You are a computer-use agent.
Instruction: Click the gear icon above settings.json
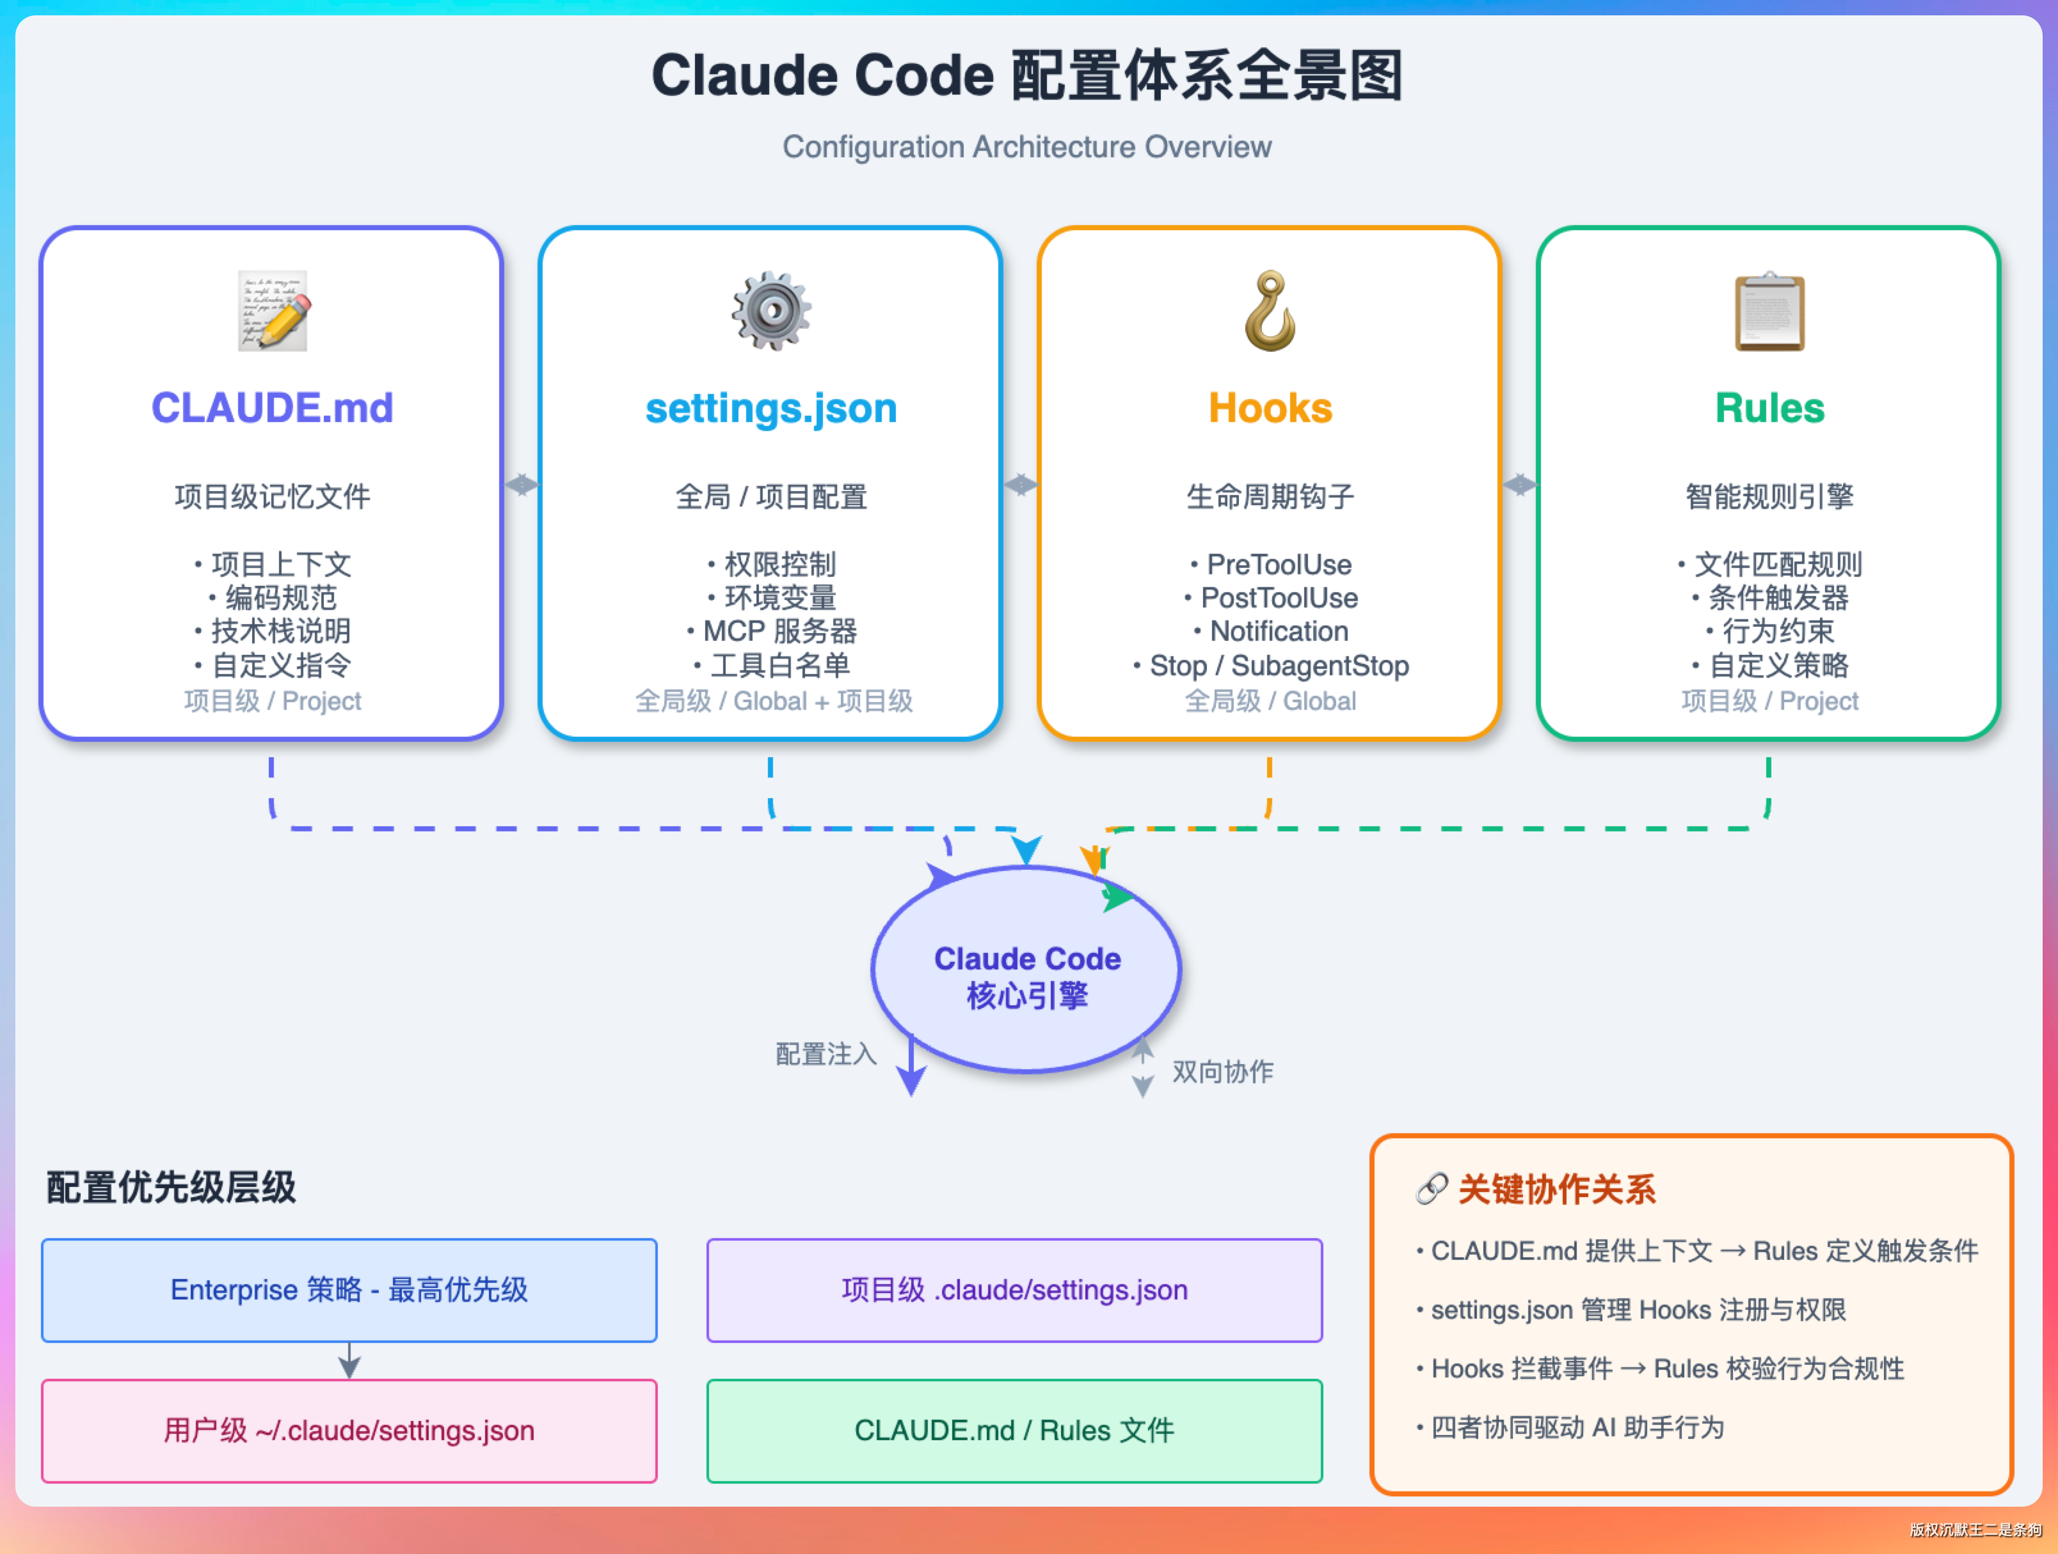771,311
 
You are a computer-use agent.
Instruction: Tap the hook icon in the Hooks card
1270,311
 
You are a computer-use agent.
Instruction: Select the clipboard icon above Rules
1769,311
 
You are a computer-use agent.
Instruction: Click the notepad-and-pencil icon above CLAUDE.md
273,311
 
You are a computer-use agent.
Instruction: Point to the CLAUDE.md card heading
273,407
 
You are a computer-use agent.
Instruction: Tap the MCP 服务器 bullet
771,631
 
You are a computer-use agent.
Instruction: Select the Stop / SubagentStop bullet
1270,666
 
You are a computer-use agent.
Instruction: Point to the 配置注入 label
826,1054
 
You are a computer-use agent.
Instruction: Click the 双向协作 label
1222,1071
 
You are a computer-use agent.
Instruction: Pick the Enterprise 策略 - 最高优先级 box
349,1290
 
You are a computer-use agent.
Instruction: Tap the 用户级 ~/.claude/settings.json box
349,1431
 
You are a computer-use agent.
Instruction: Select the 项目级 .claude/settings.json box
1014,1290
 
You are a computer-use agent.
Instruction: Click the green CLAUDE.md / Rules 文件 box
1014,1431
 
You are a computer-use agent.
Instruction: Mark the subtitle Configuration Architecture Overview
1027,147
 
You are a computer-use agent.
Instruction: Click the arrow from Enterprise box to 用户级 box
349,1361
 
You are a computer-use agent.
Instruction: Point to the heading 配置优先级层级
171,1188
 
